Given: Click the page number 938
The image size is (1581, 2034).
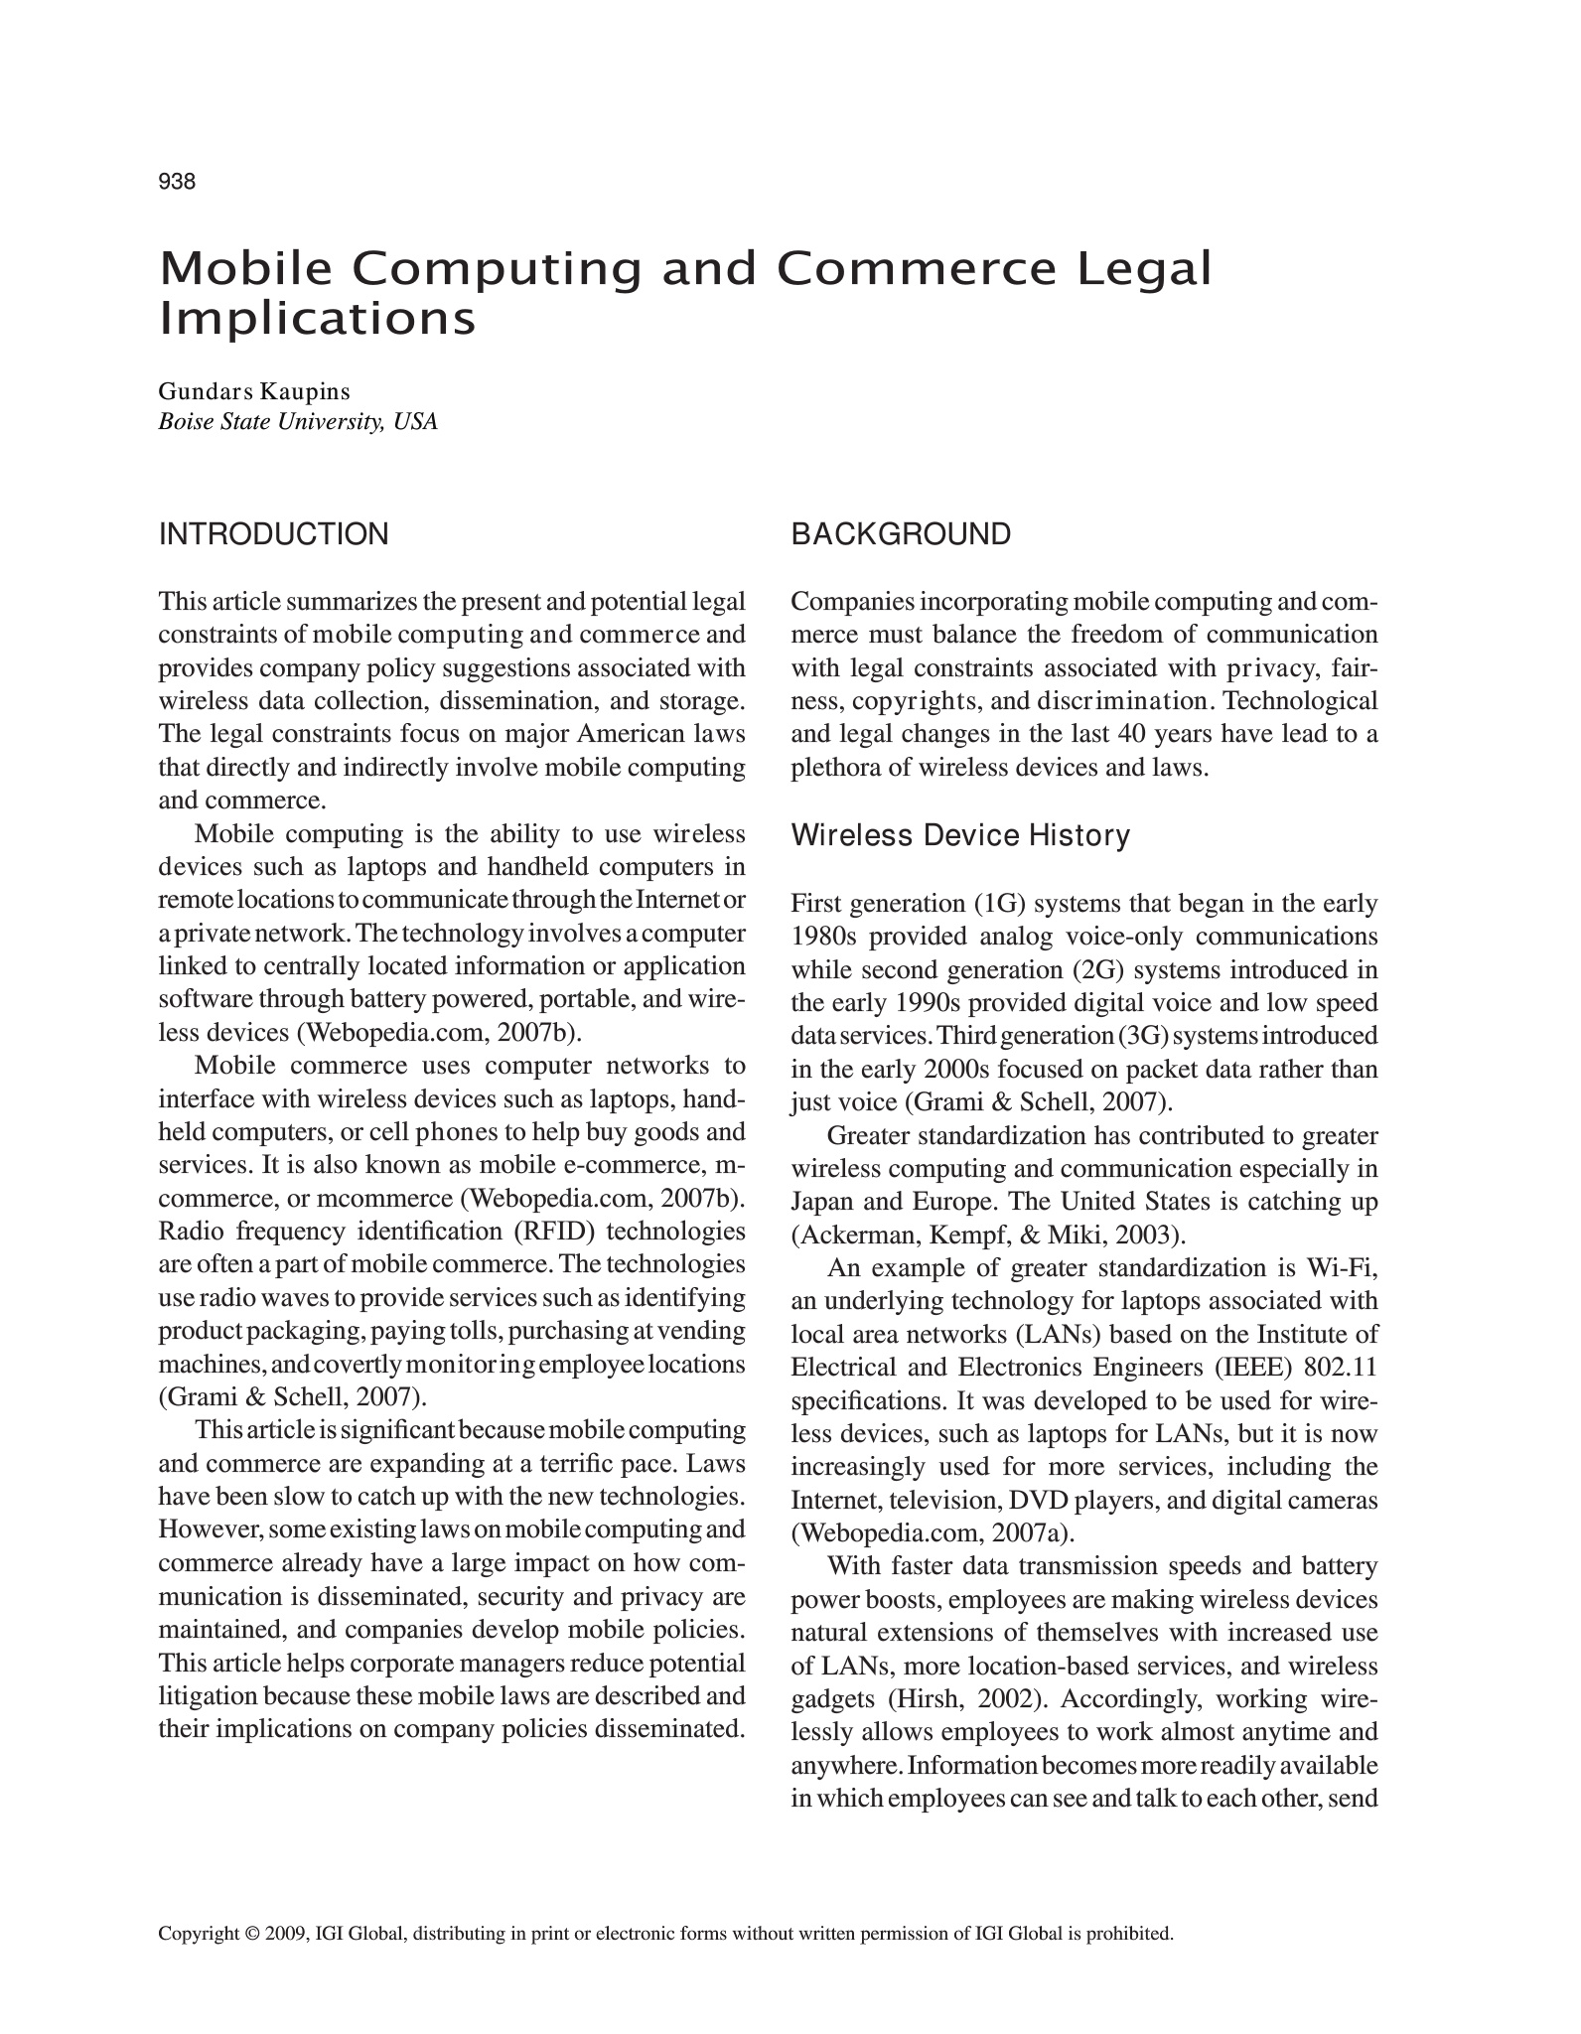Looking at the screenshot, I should (177, 182).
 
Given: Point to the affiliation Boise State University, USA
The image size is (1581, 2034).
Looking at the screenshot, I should (298, 422).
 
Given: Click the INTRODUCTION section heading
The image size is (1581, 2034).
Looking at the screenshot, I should (274, 534).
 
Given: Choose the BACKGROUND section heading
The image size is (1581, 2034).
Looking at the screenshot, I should (901, 534).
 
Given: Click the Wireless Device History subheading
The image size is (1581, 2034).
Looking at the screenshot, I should (960, 836).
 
